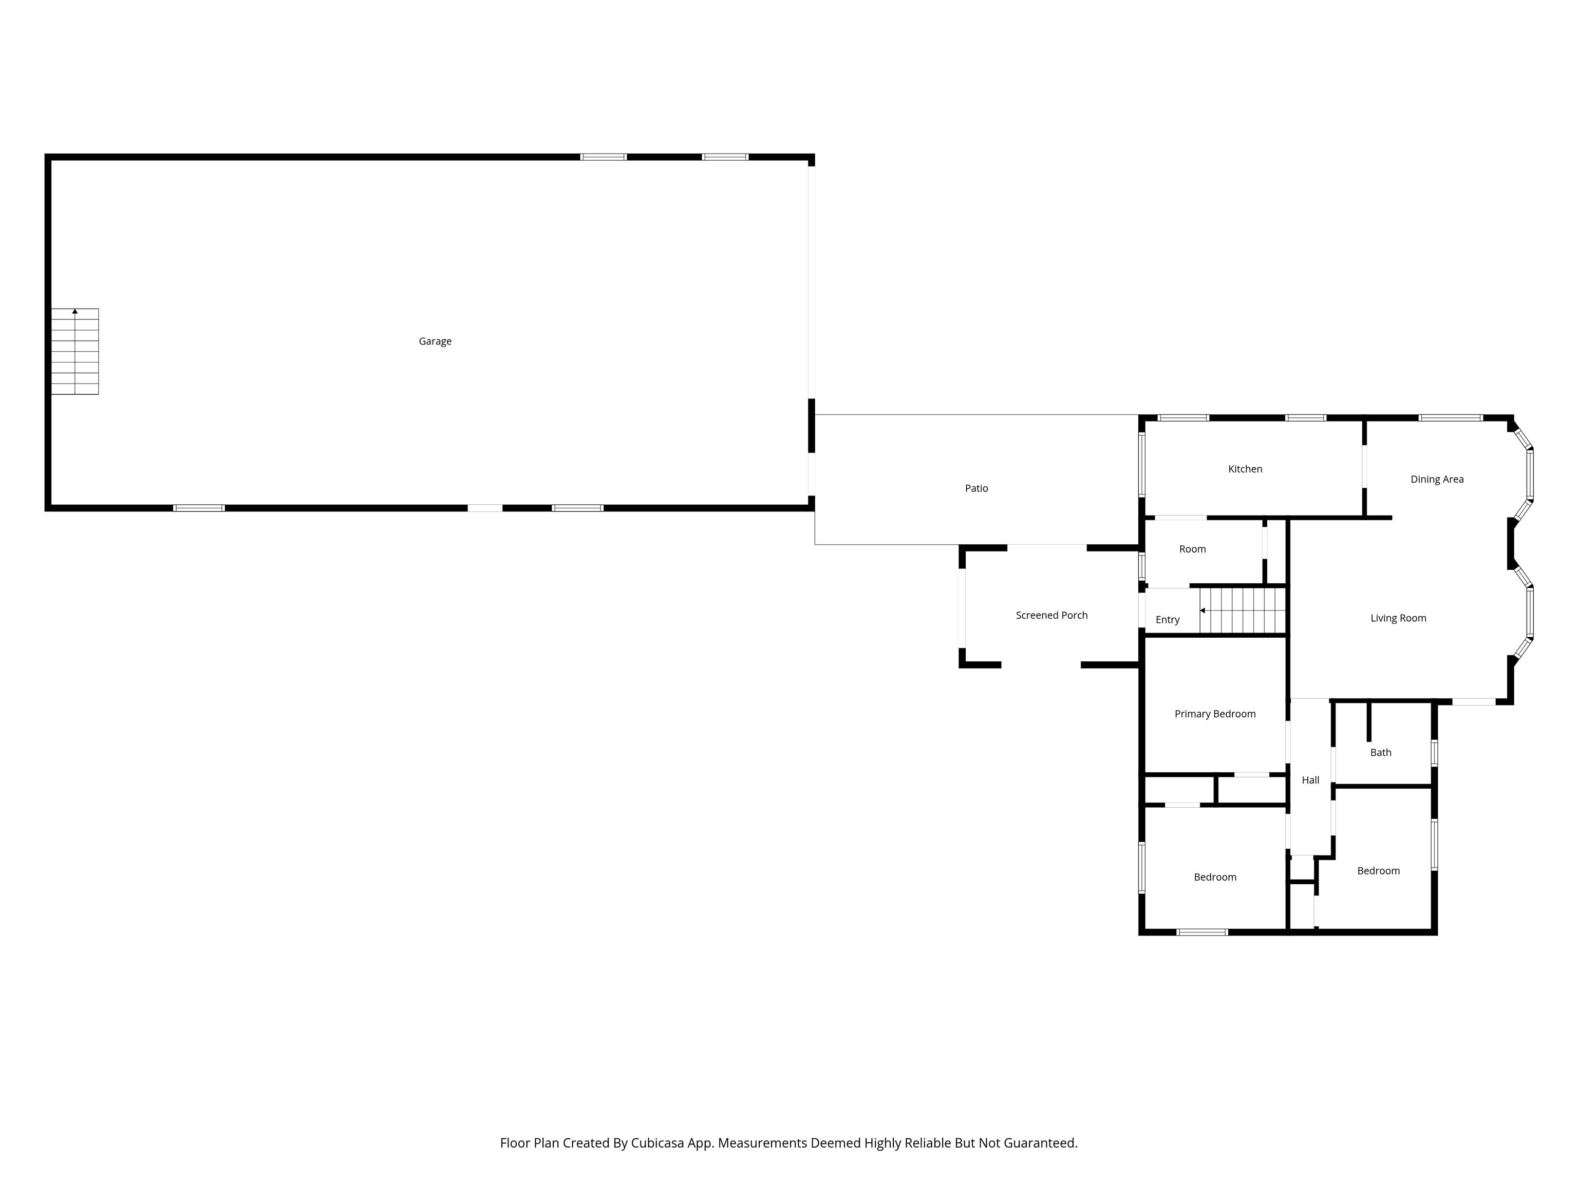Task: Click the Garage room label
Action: (435, 341)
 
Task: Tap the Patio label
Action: (976, 488)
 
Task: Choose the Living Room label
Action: (1398, 618)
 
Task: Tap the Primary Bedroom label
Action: (1215, 714)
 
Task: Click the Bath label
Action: (1380, 752)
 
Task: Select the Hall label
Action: (1310, 780)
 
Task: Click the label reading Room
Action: (1192, 549)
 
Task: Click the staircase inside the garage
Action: (75, 352)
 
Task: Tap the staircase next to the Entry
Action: (1242, 610)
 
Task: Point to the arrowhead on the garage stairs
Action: (75, 312)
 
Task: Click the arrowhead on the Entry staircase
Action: (1203, 610)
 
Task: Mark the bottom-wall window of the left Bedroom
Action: (1202, 932)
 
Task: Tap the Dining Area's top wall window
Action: (1450, 418)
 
